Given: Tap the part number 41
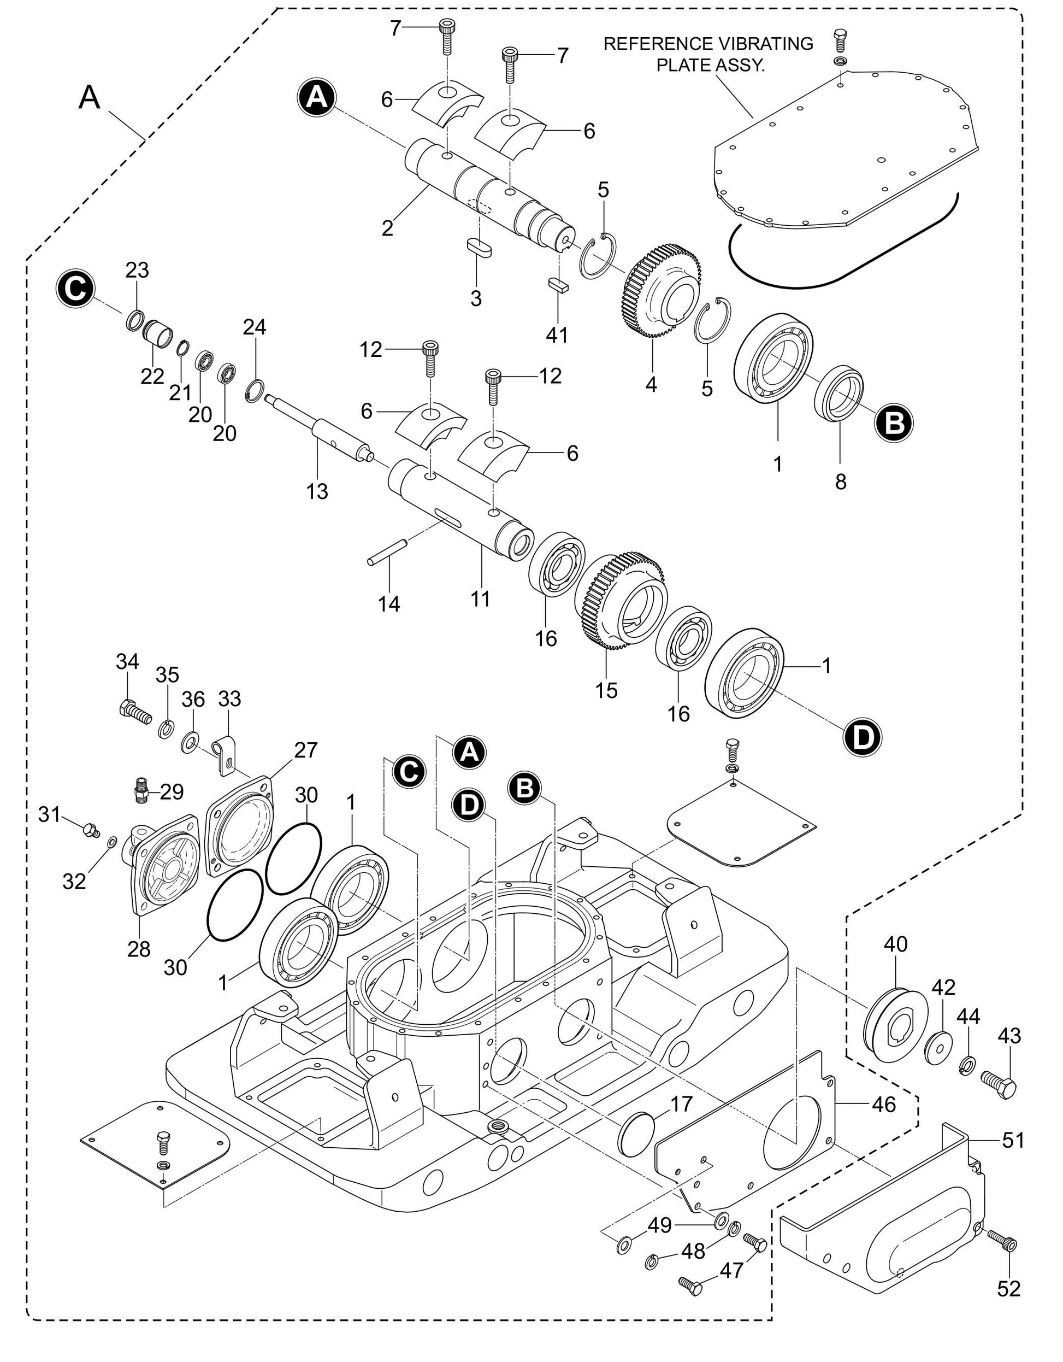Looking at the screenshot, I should click(x=557, y=334).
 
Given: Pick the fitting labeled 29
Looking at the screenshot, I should click(x=141, y=792).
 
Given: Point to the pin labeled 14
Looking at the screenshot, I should click(x=387, y=553).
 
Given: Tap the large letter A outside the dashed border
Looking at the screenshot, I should click(x=89, y=98).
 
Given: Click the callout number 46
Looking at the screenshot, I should click(x=884, y=1105).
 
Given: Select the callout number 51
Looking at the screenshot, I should click(x=1013, y=1141).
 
